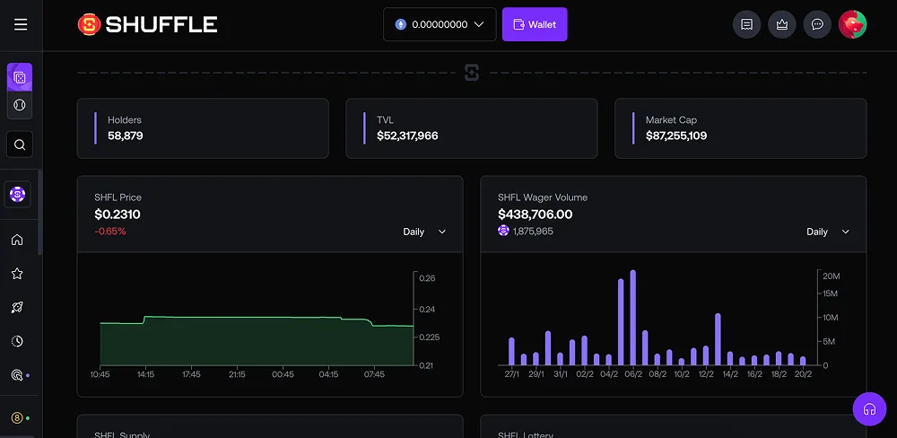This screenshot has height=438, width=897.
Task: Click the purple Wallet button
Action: [x=535, y=24]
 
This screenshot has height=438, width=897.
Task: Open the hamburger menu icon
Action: [x=21, y=24]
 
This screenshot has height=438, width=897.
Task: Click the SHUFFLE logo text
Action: [x=161, y=24]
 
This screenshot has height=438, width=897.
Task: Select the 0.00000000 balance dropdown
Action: [x=440, y=24]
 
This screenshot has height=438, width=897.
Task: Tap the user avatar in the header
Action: [x=852, y=24]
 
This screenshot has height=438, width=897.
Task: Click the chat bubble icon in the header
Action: [x=817, y=24]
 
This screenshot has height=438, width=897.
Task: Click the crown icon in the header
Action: [x=781, y=24]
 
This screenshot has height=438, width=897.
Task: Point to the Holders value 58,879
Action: [x=126, y=136]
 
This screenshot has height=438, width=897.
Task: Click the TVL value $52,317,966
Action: [x=407, y=136]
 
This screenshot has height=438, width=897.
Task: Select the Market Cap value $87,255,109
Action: [x=676, y=136]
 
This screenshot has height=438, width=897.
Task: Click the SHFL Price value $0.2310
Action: [x=118, y=215]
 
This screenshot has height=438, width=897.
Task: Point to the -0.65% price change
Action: [x=110, y=232]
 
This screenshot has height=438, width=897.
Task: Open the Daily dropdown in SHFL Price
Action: [x=423, y=232]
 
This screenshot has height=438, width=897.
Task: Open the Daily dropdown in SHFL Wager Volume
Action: [x=827, y=232]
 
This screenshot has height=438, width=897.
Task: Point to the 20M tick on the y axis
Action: [x=830, y=276]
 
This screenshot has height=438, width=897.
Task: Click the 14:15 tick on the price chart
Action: [x=145, y=374]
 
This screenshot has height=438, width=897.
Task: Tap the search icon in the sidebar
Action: [x=20, y=144]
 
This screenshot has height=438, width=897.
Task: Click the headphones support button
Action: [x=868, y=409]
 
